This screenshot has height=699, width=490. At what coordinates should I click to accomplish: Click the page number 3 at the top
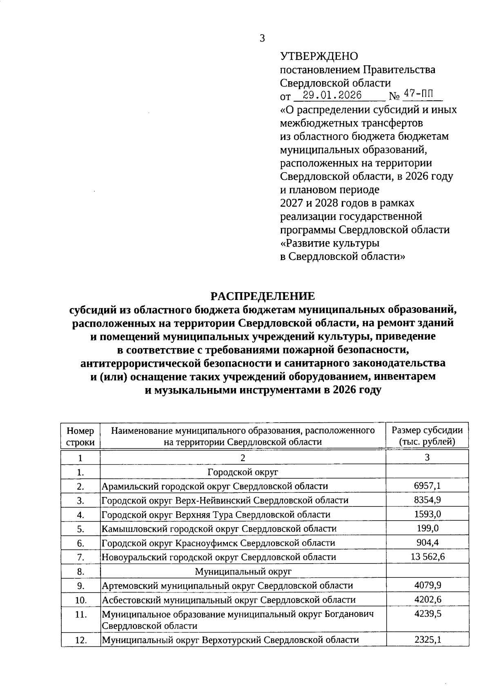point(262,39)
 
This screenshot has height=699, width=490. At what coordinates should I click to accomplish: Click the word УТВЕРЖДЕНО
point(319,56)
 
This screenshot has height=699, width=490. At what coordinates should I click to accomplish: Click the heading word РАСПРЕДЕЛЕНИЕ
point(263,295)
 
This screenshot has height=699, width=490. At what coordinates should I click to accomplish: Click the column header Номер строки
point(80,436)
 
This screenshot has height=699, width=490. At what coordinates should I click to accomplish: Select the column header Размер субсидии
point(427,430)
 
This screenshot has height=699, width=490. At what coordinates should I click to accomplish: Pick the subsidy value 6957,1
point(427,486)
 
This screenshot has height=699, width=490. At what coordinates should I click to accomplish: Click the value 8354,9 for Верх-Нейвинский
point(427,500)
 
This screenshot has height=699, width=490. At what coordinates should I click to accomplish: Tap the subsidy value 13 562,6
point(428,557)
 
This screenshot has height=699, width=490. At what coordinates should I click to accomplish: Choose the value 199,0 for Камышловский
point(427,528)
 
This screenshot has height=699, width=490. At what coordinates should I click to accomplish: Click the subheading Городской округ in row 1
point(243,472)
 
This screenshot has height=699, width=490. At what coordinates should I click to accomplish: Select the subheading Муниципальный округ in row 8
point(243,571)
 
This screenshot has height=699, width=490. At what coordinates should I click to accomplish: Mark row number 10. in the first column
point(80,600)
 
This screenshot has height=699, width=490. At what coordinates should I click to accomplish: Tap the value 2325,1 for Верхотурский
point(428,640)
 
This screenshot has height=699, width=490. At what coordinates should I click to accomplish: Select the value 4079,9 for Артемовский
point(428,585)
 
